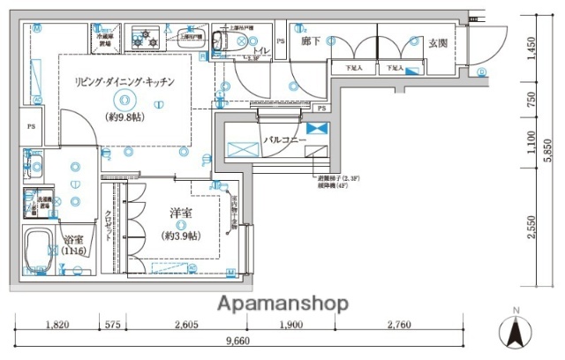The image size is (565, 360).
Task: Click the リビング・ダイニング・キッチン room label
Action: click(x=124, y=81)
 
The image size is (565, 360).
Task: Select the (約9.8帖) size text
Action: click(x=124, y=116)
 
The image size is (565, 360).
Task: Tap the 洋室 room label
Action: click(x=182, y=214)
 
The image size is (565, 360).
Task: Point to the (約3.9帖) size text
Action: click(x=180, y=235)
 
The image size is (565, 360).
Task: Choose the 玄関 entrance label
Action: click(x=439, y=42)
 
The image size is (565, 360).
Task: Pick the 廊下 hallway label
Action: click(x=310, y=41)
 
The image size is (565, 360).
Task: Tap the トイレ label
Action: click(x=260, y=51)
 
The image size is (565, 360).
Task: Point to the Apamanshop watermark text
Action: click(x=282, y=303)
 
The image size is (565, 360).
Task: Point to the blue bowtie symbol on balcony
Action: click(x=317, y=129)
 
